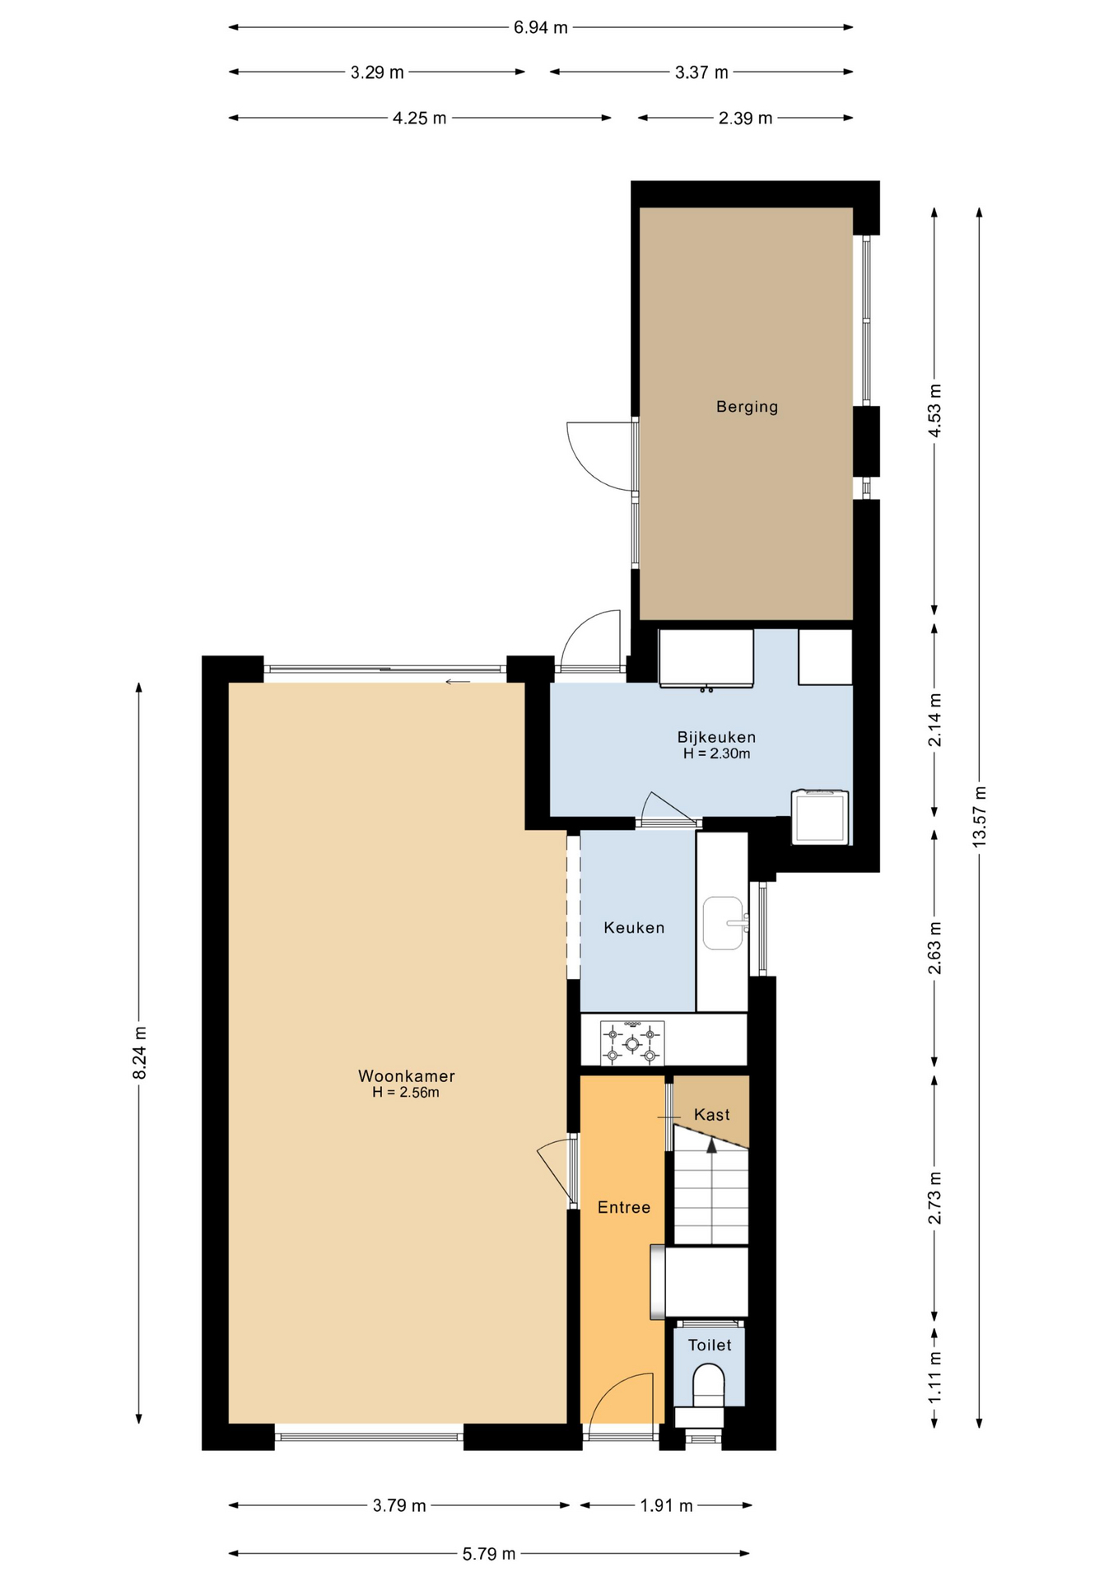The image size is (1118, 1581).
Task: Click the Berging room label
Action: (x=747, y=407)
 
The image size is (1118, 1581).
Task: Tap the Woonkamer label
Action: (x=407, y=1076)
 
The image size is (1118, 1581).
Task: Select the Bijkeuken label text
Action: (x=716, y=738)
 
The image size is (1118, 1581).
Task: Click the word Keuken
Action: (x=634, y=928)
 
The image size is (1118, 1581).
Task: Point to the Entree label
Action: (x=624, y=1207)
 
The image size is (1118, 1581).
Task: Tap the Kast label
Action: (x=712, y=1115)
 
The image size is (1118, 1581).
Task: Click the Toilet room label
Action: (x=710, y=1345)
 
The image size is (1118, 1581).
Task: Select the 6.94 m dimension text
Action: (x=541, y=27)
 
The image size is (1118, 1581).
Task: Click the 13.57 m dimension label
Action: (x=979, y=815)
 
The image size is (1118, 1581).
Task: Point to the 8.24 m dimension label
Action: (x=139, y=1053)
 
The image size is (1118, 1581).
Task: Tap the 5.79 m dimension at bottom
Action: (x=489, y=1554)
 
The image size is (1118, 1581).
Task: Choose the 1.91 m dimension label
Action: (x=667, y=1506)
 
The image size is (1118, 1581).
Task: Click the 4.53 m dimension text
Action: (x=934, y=411)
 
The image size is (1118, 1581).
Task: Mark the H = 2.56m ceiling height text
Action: (x=406, y=1093)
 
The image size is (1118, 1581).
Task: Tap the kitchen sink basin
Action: (x=724, y=923)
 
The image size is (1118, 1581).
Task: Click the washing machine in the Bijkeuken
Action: (x=820, y=817)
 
